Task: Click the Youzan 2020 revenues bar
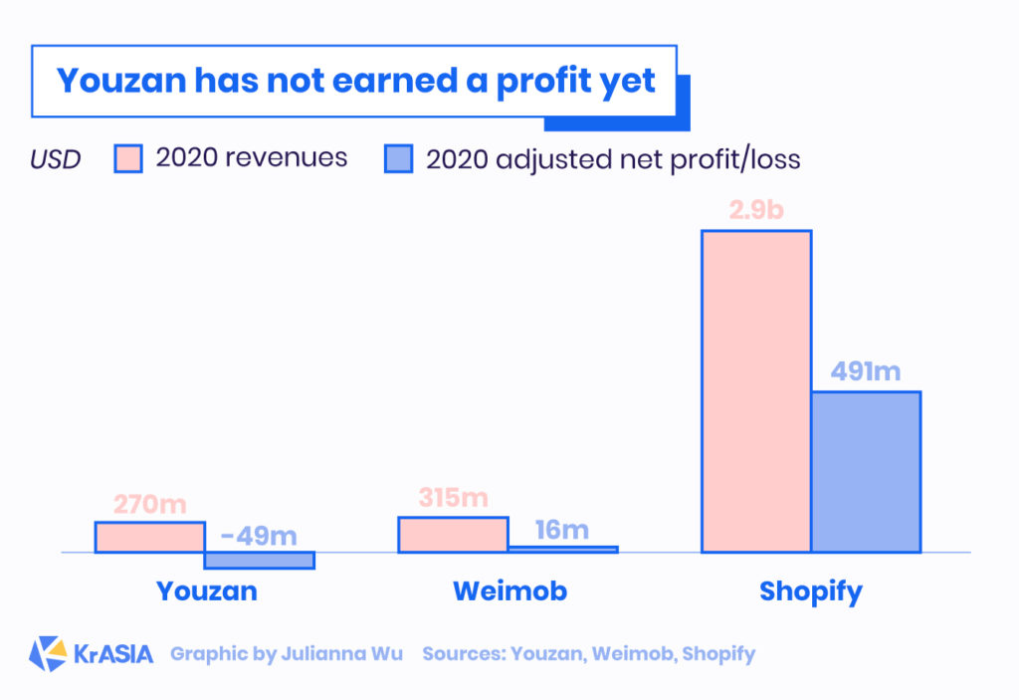(x=150, y=537)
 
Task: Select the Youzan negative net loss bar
(x=260, y=561)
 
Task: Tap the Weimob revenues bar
(x=454, y=535)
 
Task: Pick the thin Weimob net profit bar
(x=563, y=549)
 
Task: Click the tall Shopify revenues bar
(x=756, y=391)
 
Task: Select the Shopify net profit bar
(x=866, y=472)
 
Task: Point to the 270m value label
(x=150, y=505)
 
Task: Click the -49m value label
(x=260, y=535)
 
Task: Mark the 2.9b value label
(x=756, y=212)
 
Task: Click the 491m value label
(x=866, y=372)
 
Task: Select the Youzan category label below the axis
(x=207, y=591)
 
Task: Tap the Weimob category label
(x=509, y=591)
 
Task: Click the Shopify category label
(x=810, y=591)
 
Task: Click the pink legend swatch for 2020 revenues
(x=129, y=158)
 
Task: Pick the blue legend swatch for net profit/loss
(x=398, y=158)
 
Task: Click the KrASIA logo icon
(x=48, y=654)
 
